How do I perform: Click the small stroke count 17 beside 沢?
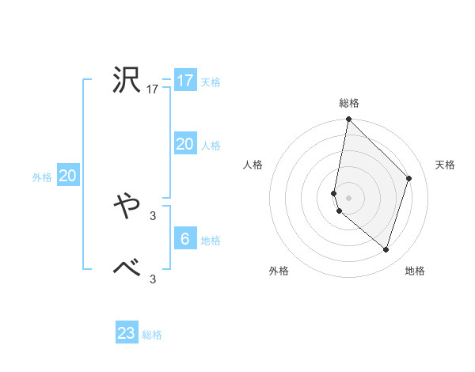[x=153, y=90]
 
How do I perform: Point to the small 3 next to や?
[x=153, y=215]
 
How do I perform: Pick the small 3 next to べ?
[x=153, y=279]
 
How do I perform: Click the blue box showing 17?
[x=184, y=81]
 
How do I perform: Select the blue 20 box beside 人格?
[x=184, y=144]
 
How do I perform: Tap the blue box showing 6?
[x=184, y=239]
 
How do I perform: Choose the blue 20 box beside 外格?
[x=67, y=176]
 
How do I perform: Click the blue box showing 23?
[x=126, y=333]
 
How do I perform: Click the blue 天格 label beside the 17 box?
[x=211, y=82]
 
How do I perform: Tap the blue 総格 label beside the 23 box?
[x=152, y=335]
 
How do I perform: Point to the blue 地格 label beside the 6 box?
[x=211, y=241]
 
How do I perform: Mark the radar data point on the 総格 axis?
[x=348, y=120]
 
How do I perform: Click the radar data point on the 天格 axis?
[x=409, y=178]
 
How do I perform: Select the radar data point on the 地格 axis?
[x=386, y=250]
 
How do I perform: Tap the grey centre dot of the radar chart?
[x=348, y=197]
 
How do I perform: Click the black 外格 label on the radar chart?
[x=279, y=271]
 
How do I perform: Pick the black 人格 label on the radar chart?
[x=253, y=165]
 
